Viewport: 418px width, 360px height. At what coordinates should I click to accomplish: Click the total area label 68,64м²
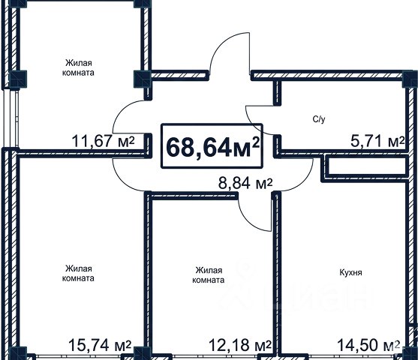tap(212, 147)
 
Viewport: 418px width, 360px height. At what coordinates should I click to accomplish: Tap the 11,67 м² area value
tap(104, 142)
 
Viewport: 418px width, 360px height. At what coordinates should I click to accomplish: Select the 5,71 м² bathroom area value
tap(377, 142)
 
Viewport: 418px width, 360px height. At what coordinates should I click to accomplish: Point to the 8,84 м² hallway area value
tap(245, 184)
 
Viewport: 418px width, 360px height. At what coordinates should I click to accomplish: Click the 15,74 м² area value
tap(100, 345)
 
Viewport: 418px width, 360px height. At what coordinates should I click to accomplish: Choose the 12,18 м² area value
tap(239, 345)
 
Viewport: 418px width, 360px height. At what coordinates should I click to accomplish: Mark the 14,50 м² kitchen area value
tap(368, 345)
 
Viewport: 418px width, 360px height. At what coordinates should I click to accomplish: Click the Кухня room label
tap(350, 272)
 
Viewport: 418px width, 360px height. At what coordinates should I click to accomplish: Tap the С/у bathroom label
tap(319, 119)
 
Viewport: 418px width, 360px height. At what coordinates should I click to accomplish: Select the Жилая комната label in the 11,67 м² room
tap(78, 67)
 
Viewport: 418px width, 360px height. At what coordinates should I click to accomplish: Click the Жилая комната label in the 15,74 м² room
tap(78, 274)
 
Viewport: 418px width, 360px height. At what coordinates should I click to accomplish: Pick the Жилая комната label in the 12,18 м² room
tap(209, 275)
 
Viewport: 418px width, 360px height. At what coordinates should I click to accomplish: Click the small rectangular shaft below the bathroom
tap(366, 166)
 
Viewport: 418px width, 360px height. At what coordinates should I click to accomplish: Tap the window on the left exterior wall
tap(11, 118)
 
